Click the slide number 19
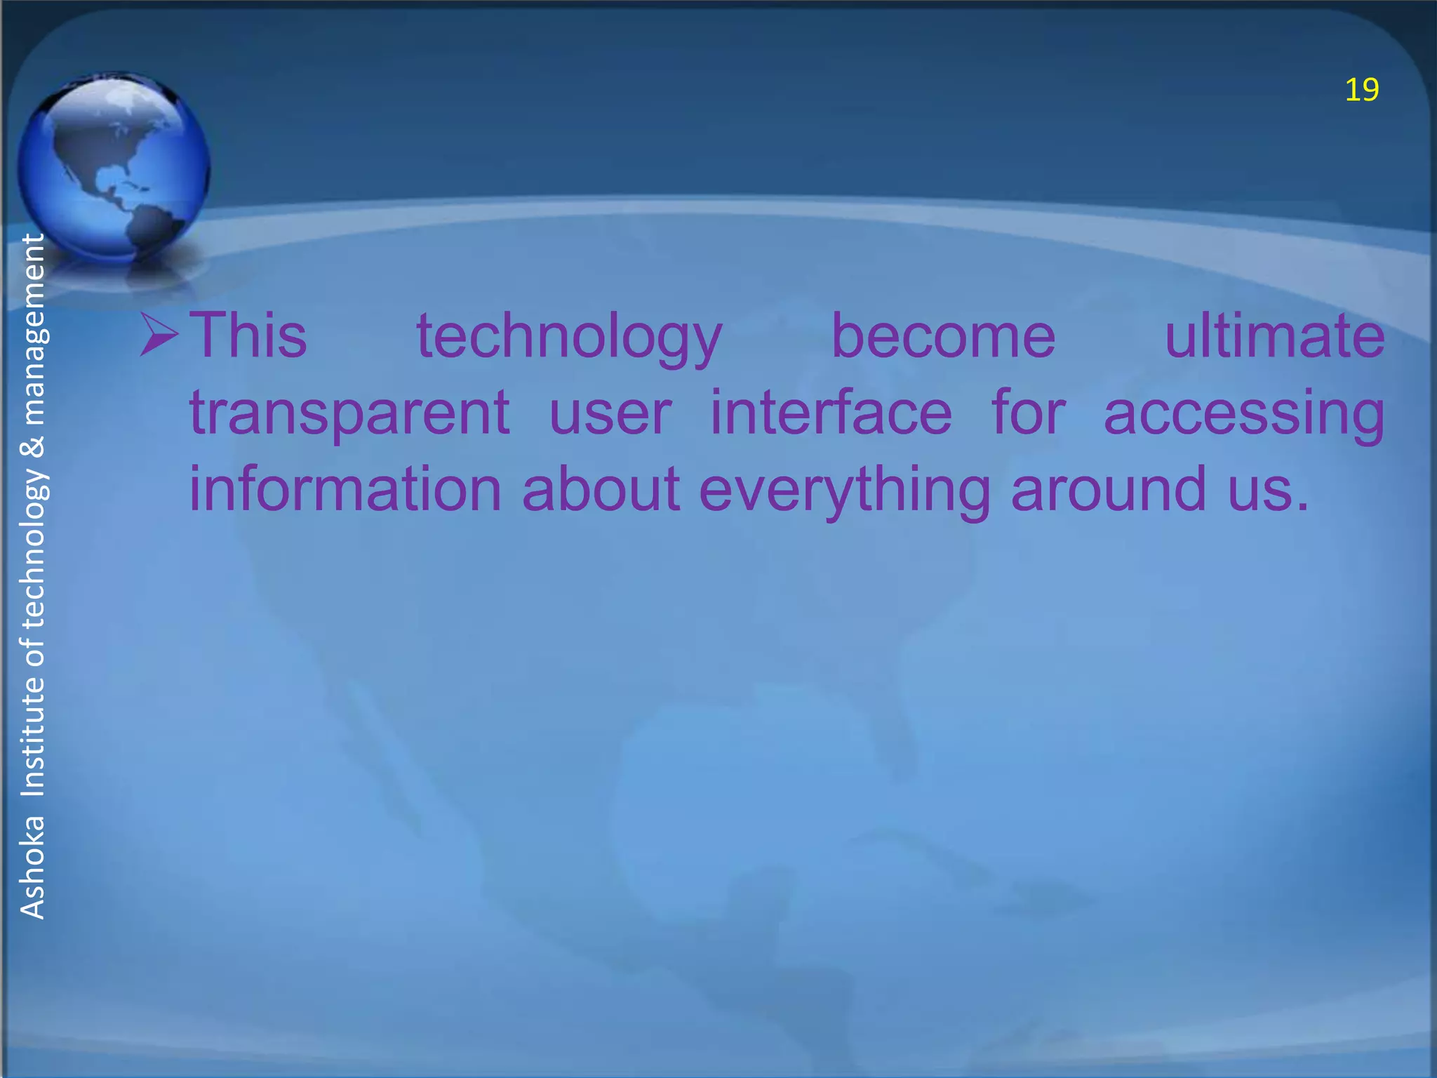(1361, 91)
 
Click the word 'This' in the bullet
(248, 336)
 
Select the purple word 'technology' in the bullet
(569, 338)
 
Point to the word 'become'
(943, 336)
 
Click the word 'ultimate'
(1274, 336)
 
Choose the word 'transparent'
(349, 414)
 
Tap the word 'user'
(610, 414)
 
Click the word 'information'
(346, 489)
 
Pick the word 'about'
(601, 489)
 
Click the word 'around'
(1109, 489)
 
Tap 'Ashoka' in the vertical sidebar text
(32, 867)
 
